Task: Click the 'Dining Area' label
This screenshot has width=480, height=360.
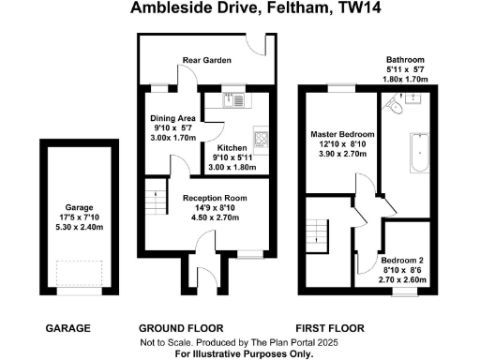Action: click(173, 118)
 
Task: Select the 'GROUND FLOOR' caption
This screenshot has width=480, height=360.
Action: click(180, 329)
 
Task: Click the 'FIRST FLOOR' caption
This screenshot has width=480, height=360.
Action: click(330, 329)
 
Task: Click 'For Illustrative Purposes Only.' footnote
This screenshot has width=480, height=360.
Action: click(240, 353)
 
